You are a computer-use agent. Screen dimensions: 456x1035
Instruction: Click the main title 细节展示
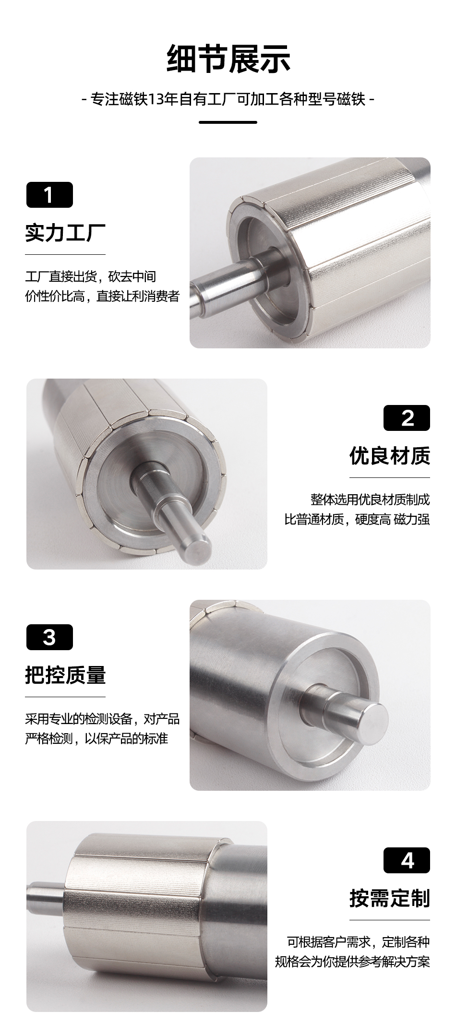tap(228, 59)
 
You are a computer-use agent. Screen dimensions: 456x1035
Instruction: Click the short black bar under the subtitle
tap(228, 122)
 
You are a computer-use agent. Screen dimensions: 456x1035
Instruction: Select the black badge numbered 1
tap(49, 195)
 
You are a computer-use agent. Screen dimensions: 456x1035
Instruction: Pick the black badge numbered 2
tap(407, 418)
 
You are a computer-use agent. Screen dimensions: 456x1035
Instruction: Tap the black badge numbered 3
tap(49, 637)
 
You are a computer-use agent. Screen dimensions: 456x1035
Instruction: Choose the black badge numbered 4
tap(407, 860)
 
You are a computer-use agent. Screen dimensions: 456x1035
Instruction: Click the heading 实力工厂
tap(65, 233)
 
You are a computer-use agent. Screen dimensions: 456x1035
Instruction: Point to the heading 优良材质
tap(390, 456)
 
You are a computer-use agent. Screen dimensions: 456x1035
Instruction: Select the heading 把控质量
tap(65, 675)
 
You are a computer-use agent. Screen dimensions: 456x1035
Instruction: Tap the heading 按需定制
tap(390, 898)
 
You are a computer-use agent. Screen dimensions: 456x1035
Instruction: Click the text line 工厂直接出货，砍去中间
tap(91, 276)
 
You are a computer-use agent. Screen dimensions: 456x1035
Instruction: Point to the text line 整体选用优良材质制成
tap(370, 500)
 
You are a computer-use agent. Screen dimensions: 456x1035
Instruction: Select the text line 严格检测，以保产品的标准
tap(96, 738)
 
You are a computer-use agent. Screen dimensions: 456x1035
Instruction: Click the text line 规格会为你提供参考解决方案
tap(352, 961)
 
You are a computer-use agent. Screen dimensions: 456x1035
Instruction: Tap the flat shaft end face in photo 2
tap(197, 547)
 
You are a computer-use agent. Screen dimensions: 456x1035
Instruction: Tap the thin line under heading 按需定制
tap(390, 920)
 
